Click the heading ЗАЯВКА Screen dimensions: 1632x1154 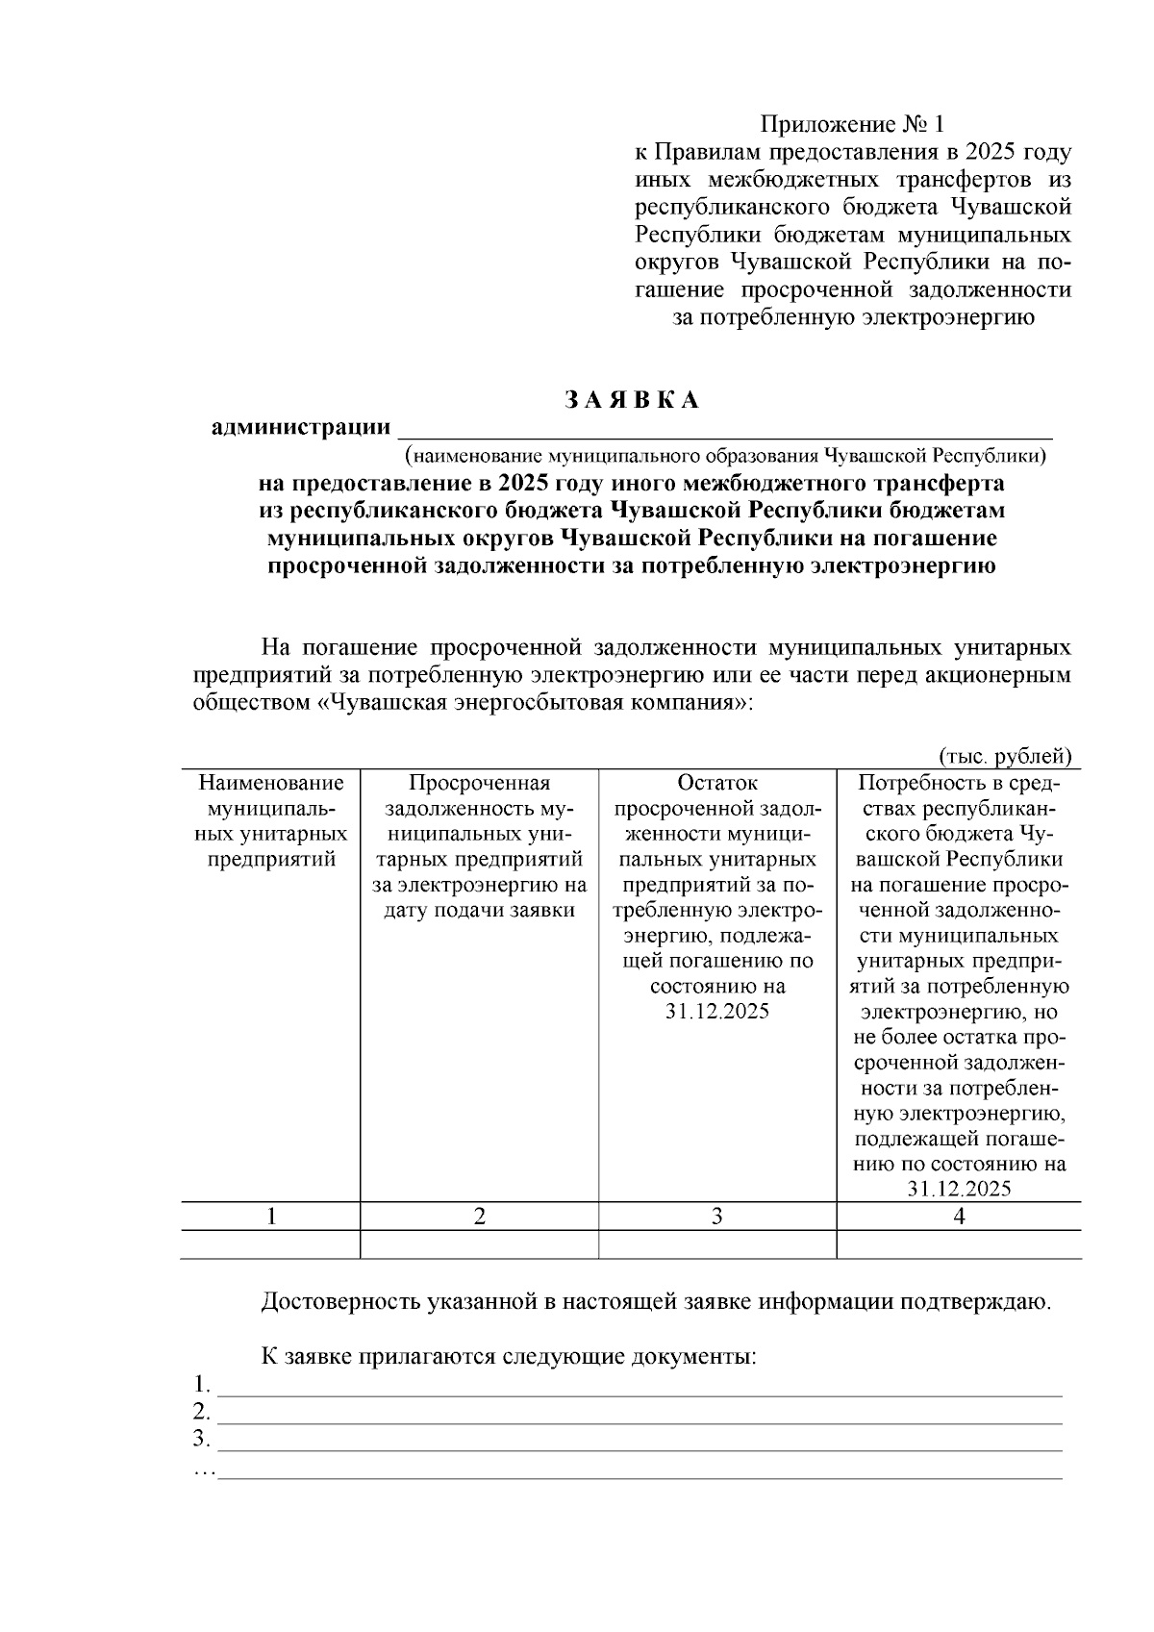point(631,400)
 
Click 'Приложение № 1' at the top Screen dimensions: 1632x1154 point(853,124)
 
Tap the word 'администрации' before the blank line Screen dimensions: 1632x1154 point(301,427)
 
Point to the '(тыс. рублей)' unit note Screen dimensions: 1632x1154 point(1005,756)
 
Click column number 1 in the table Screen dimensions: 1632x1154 point(271,1216)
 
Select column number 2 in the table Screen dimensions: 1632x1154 point(479,1216)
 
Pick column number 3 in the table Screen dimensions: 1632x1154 point(716,1216)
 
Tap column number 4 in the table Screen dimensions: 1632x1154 point(959,1216)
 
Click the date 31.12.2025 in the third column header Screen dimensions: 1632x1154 point(716,1012)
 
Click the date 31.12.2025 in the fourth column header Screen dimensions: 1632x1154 point(959,1189)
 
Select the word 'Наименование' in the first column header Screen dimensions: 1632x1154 point(271,783)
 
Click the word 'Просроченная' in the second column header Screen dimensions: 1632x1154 point(479,783)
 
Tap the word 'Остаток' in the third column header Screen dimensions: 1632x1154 point(716,783)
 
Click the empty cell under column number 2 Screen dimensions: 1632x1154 point(479,1244)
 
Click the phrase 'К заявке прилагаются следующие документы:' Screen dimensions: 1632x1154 point(509,1357)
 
